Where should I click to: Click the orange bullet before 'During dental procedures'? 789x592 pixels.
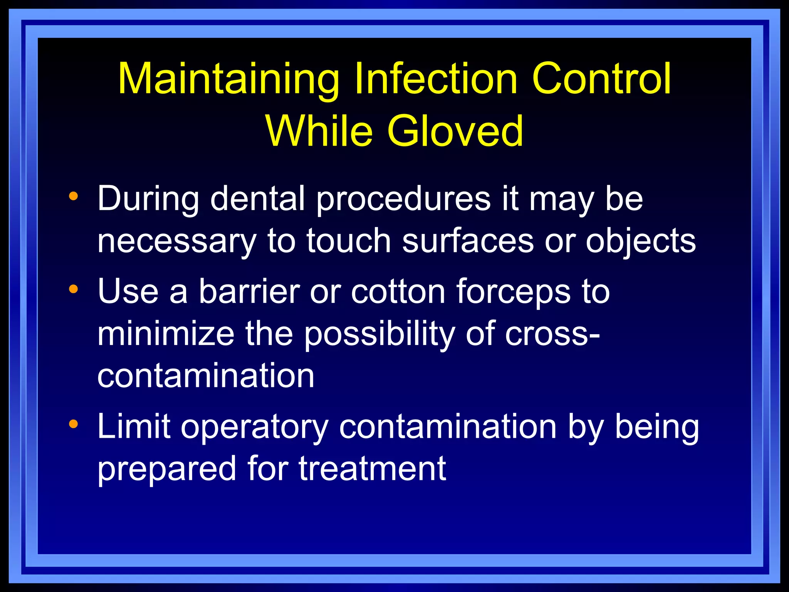click(73, 197)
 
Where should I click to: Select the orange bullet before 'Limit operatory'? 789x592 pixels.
click(73, 424)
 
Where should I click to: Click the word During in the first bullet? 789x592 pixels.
click(148, 199)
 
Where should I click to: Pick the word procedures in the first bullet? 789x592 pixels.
click(403, 199)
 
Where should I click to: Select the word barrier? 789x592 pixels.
click(249, 292)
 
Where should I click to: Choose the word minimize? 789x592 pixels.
click(166, 334)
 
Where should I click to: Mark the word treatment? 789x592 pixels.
click(372, 469)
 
